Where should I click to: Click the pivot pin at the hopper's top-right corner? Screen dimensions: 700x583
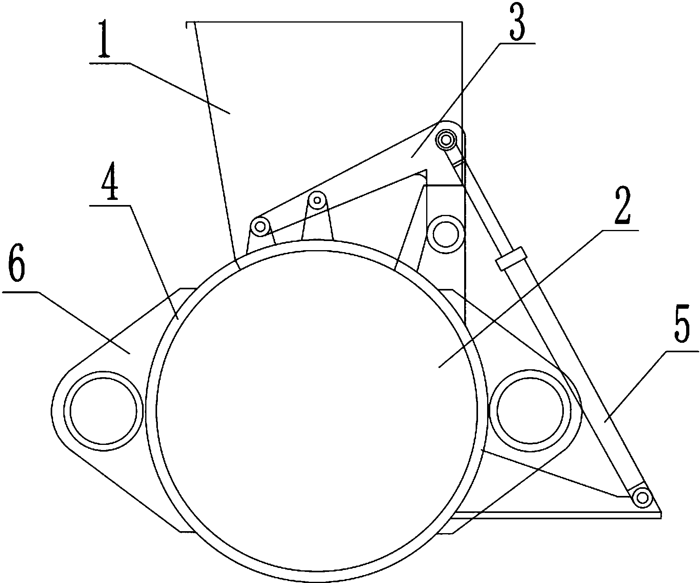[446, 139]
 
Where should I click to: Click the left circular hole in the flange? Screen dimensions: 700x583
[104, 410]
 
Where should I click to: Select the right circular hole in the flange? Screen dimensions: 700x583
[531, 410]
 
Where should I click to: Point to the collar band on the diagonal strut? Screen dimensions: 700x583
[512, 259]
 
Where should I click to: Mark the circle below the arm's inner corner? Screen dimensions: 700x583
[446, 234]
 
